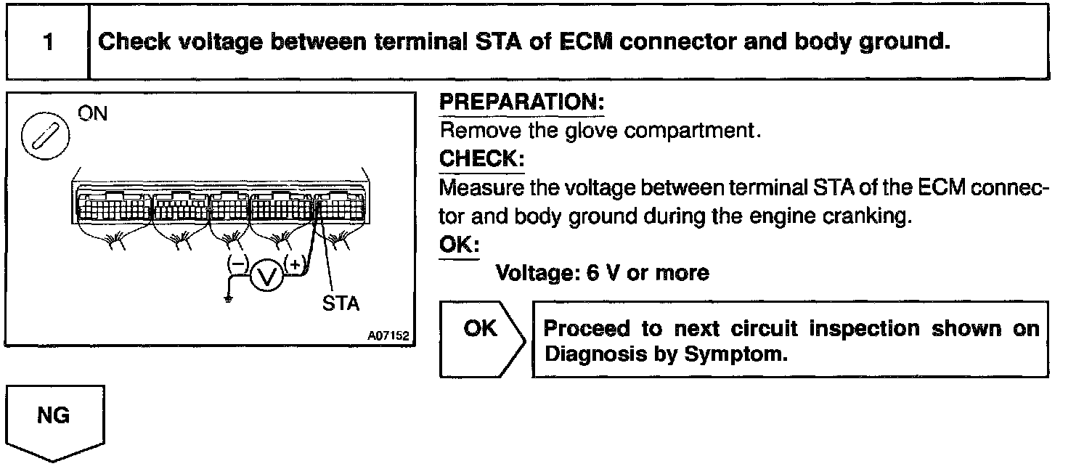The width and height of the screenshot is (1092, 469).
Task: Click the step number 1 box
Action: [48, 42]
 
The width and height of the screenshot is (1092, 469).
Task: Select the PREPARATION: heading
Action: [522, 102]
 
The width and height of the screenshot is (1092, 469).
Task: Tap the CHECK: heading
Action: [482, 158]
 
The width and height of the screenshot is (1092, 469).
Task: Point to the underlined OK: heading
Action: [459, 243]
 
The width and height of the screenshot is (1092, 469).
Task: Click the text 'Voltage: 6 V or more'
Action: [602, 273]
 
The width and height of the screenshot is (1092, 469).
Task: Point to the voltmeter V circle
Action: [266, 277]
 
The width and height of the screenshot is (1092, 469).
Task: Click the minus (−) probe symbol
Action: [237, 264]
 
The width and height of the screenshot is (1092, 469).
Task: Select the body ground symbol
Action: [228, 298]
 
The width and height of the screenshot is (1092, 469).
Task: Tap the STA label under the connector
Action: [341, 303]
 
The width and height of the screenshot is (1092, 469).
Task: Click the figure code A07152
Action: [388, 335]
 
